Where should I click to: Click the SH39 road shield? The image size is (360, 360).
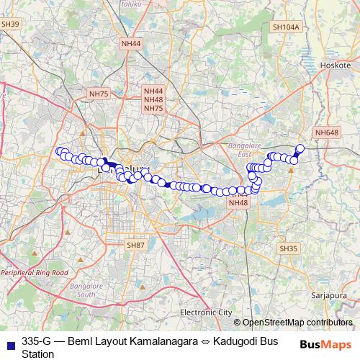pos(11,24)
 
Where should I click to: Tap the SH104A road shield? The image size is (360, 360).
pos(285,27)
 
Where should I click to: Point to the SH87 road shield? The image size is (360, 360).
pos(135,246)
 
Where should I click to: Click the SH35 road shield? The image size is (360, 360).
pos(287,248)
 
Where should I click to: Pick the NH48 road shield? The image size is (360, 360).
pos(238,203)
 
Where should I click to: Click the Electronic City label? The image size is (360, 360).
pos(206,312)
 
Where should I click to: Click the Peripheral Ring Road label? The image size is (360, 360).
pos(34,274)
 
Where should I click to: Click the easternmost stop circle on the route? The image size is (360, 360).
pos(300,149)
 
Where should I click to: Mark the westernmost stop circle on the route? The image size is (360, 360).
pos(60,151)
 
